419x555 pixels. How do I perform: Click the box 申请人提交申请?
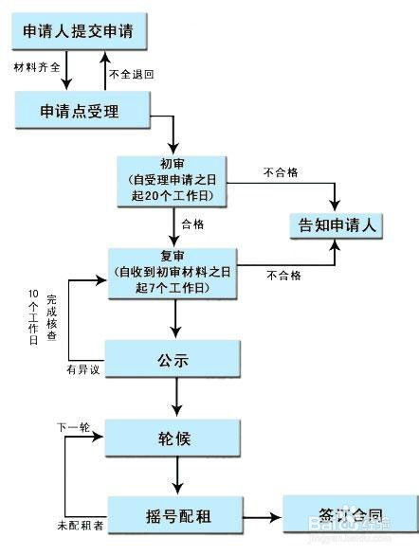click(x=84, y=30)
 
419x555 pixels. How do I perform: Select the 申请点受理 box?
click(x=82, y=111)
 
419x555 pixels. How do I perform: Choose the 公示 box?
click(x=175, y=361)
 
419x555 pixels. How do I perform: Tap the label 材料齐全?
click(x=37, y=68)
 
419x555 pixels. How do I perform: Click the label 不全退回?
click(x=131, y=73)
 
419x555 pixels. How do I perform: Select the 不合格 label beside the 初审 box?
click(x=281, y=172)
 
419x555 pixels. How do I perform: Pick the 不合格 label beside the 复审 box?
click(x=284, y=276)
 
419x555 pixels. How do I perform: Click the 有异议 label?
click(x=82, y=368)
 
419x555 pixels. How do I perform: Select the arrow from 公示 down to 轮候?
click(x=175, y=398)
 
